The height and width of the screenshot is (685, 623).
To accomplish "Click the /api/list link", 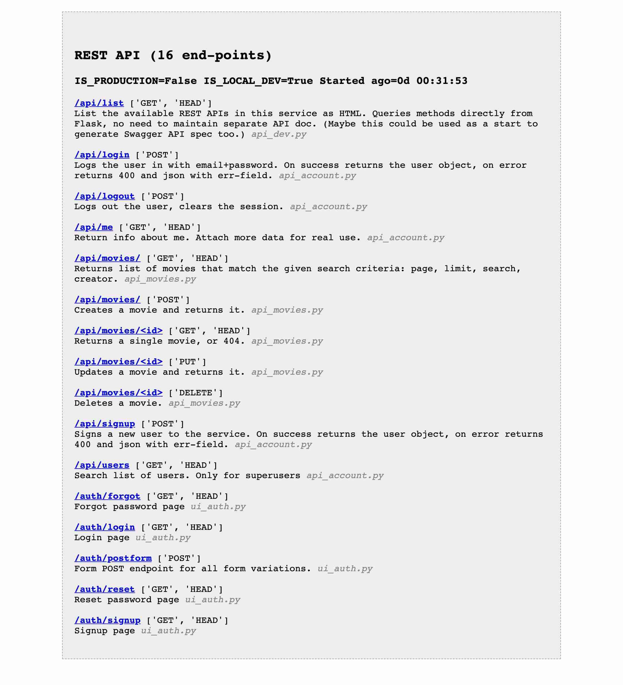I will [99, 103].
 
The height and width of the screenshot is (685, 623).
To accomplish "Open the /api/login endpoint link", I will [102, 155].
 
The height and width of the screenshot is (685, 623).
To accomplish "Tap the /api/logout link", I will [104, 197].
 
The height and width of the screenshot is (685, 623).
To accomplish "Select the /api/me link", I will [93, 227].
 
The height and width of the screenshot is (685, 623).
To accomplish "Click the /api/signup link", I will [104, 424].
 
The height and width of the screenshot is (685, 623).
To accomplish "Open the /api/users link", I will [102, 465].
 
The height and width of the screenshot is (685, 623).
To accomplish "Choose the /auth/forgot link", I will [107, 496].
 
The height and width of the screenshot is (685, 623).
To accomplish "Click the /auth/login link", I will [104, 527].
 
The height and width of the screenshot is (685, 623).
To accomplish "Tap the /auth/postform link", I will [113, 558].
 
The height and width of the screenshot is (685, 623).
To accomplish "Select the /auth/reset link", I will [104, 589].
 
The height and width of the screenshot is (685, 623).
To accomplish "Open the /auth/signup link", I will [107, 620].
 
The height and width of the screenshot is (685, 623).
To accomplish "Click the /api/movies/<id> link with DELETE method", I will [118, 393].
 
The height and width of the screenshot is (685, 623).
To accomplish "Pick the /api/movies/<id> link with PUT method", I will [118, 362].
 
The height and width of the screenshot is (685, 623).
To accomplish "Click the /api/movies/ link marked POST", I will [107, 300].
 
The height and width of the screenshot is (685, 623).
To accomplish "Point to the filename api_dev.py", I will [279, 134].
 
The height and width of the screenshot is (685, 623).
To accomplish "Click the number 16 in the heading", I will [165, 55].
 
